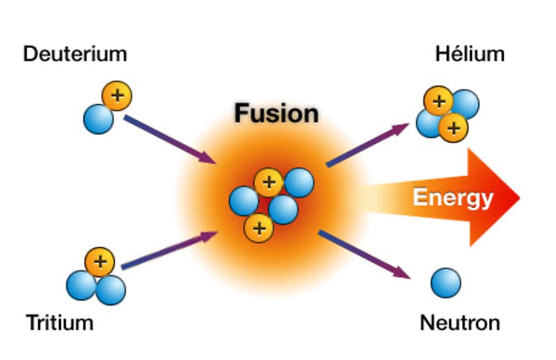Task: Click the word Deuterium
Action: click(75, 54)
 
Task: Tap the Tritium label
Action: click(60, 323)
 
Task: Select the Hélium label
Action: click(470, 54)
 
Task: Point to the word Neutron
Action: click(460, 323)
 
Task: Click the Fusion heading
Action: click(277, 113)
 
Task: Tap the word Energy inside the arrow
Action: click(453, 198)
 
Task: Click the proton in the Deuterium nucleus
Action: click(117, 95)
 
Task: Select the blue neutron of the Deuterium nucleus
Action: click(98, 119)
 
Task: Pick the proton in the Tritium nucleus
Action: click(100, 262)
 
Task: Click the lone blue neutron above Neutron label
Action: click(446, 283)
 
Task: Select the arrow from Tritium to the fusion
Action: click(169, 250)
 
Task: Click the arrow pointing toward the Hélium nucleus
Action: click(367, 145)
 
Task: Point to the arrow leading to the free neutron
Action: click(364, 254)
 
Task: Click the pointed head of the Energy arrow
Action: click(520, 198)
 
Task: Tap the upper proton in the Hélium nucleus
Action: click(439, 101)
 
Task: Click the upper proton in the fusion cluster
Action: click(269, 182)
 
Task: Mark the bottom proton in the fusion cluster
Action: click(259, 228)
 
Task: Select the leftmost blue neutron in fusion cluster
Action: click(244, 201)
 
